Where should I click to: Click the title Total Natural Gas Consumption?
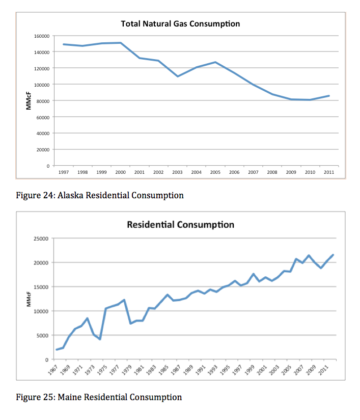180,24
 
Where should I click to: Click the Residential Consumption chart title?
180,224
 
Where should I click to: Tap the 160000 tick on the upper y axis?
42,36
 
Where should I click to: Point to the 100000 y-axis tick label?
42,85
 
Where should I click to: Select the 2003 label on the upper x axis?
177,172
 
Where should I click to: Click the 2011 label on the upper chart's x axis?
329,172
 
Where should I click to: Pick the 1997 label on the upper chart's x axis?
64,172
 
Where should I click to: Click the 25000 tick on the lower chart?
41,239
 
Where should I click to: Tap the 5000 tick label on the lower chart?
42,335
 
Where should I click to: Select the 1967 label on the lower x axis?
53,370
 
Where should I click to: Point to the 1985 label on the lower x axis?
163,370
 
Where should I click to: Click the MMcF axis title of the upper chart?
29,101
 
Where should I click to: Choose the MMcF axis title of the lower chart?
29,299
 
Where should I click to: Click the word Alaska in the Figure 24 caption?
70,195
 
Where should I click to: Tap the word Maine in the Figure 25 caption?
69,397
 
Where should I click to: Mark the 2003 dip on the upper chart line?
178,76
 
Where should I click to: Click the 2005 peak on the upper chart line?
215,62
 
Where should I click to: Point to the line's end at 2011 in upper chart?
329,96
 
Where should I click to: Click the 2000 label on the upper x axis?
121,172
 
